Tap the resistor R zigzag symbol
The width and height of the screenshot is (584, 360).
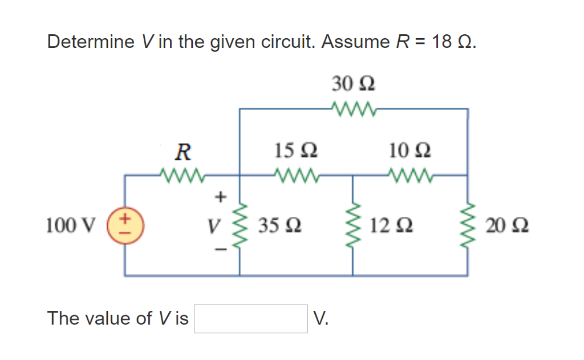[x=182, y=173]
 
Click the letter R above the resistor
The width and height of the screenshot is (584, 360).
[x=182, y=152]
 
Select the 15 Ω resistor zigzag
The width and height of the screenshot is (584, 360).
[x=295, y=173]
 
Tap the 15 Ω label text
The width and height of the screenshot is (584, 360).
[x=295, y=151]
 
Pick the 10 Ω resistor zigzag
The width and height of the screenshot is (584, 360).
[x=410, y=173]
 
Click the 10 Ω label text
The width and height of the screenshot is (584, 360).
[x=410, y=151]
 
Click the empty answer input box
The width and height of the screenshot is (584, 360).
[x=251, y=318]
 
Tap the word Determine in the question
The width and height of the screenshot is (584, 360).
[x=91, y=42]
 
